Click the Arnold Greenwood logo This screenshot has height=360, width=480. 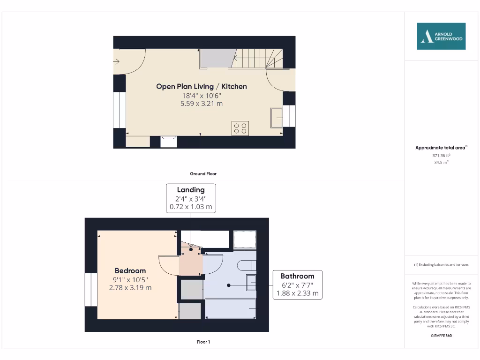(441, 36)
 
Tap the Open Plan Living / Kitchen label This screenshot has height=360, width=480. (201, 86)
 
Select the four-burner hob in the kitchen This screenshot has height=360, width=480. (240, 128)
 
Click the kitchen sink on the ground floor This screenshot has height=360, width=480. (276, 117)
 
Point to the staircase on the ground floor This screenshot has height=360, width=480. (258, 58)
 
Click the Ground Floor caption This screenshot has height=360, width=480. (203, 173)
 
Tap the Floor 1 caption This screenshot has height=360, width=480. (203, 342)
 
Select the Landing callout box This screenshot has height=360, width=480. (191, 198)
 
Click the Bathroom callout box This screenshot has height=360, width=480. (297, 285)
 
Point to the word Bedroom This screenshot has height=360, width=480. (130, 270)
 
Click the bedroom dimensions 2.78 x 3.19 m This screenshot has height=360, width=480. (130, 287)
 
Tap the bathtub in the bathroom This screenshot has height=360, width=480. (231, 310)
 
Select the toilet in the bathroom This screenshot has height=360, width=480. (246, 265)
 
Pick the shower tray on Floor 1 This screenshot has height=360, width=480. (245, 240)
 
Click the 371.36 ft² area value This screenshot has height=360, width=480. (441, 155)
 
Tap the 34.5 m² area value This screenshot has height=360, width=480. (441, 162)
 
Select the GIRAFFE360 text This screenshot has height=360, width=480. (441, 336)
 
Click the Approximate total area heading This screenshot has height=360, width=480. (441, 148)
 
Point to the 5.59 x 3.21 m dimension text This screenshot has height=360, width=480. (201, 103)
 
